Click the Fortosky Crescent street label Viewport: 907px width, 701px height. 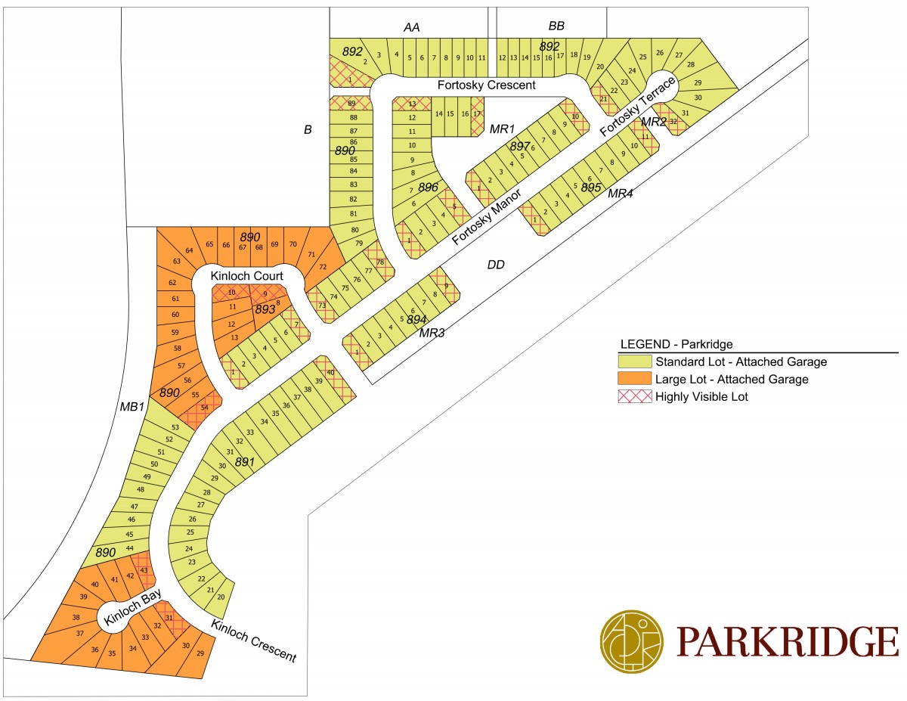point(486,85)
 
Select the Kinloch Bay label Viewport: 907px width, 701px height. point(123,609)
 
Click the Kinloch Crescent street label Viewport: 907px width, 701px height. point(253,641)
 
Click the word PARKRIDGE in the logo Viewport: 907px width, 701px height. point(788,641)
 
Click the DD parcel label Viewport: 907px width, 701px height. point(496,265)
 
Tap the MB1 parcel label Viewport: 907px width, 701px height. point(132,407)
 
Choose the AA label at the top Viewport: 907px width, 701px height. point(411,27)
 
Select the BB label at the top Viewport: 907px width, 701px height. point(556,26)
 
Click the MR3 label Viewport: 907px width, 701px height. point(432,333)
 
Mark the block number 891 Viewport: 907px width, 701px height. point(246,461)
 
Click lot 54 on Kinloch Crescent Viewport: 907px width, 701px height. point(204,408)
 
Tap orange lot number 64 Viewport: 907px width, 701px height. point(190,250)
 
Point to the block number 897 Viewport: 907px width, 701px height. point(520,146)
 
